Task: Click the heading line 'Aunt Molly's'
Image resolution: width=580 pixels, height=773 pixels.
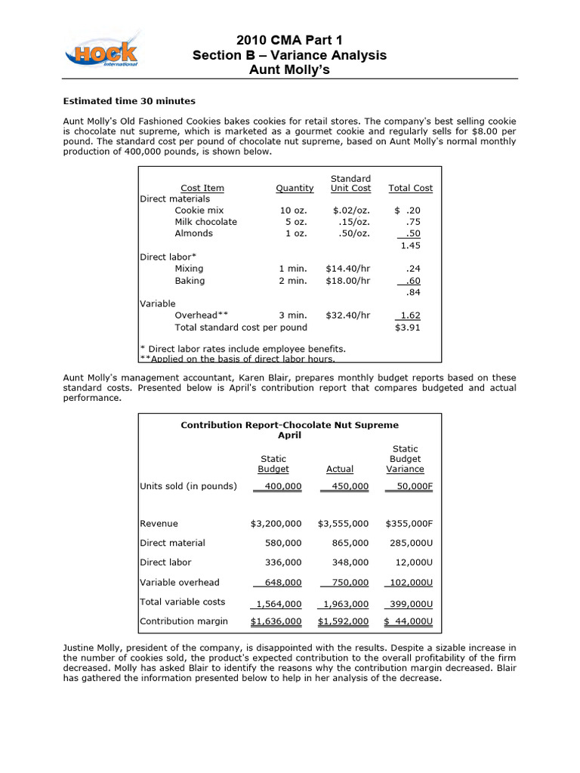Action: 289,69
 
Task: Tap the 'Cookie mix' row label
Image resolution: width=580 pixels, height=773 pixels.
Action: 199,210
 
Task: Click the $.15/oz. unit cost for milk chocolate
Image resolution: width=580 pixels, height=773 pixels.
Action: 351,221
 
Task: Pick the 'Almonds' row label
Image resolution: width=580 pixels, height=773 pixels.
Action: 193,233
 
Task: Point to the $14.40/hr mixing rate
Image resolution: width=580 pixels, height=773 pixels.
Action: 348,268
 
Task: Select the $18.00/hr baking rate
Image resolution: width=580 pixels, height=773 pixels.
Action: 348,280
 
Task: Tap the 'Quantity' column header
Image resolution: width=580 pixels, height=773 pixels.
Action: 295,188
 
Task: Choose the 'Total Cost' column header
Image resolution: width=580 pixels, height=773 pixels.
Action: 410,188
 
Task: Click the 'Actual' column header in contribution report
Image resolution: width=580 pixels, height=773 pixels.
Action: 340,469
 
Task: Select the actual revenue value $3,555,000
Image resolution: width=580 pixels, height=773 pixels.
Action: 344,523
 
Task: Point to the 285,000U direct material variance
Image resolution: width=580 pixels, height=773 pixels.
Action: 409,543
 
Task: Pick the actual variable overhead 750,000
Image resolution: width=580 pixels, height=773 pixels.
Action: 347,582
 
